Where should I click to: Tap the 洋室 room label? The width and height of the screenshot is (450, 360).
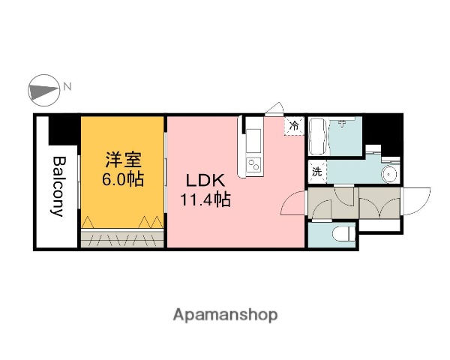point(123,160)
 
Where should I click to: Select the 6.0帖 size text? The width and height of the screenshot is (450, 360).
point(123,180)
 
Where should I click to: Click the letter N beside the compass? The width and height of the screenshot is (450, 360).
point(67,86)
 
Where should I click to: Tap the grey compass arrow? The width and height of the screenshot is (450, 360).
point(43,91)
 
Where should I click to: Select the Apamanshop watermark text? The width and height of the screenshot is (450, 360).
point(226,314)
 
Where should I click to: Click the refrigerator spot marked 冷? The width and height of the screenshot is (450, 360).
point(295,126)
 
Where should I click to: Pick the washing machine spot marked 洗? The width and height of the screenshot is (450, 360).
point(316,171)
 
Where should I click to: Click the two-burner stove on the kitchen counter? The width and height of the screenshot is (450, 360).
point(253,164)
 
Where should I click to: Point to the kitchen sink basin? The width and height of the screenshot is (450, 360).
point(253,139)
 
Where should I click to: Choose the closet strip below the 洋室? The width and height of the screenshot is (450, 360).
point(122,239)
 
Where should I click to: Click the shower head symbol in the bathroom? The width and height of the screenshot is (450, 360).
point(342,124)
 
